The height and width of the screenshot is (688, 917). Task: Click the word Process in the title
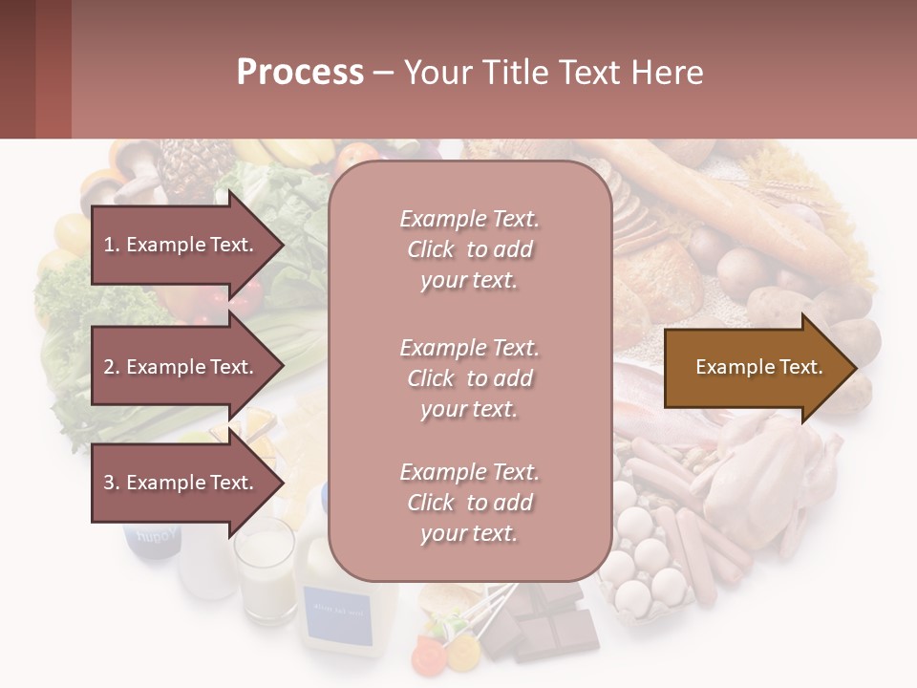pyautogui.click(x=300, y=73)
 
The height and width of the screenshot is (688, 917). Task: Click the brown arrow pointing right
pyautogui.click(x=759, y=367)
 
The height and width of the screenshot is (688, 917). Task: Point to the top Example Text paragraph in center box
pyautogui.click(x=469, y=249)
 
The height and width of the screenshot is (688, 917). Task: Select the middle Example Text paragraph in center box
pyautogui.click(x=469, y=378)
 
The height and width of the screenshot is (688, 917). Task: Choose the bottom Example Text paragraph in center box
pyautogui.click(x=469, y=503)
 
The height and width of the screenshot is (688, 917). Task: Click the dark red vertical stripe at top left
pyautogui.click(x=53, y=69)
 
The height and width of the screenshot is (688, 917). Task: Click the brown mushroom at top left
pyautogui.click(x=134, y=168)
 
